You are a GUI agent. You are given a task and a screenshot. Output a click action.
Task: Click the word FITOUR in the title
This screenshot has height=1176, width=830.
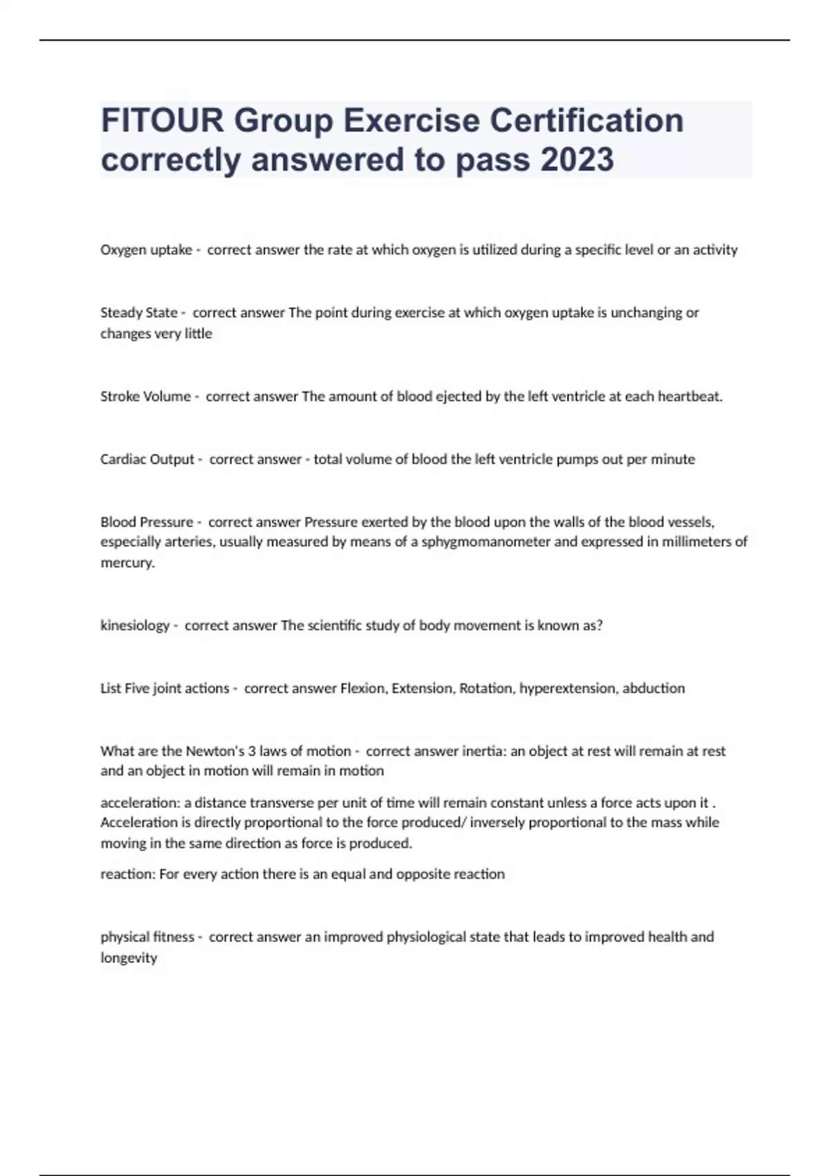[x=163, y=121]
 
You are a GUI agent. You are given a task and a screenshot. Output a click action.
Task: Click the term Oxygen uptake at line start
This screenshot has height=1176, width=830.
[x=146, y=250]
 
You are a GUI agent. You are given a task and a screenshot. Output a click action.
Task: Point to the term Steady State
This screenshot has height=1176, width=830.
[x=138, y=313]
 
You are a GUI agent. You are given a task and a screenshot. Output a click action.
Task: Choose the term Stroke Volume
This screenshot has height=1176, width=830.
[x=145, y=396]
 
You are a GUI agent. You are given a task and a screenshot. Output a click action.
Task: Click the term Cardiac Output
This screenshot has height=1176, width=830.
[x=147, y=459]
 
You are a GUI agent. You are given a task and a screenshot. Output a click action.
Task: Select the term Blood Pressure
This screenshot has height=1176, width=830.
[x=147, y=522]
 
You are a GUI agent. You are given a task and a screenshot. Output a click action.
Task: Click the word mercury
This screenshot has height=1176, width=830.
[x=127, y=562]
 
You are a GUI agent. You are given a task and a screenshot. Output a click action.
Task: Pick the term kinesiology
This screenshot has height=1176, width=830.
[x=134, y=625]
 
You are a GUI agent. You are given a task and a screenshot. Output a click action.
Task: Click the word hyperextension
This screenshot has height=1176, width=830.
[x=567, y=688]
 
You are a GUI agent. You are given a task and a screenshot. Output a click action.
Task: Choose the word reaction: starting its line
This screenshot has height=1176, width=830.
[x=128, y=874]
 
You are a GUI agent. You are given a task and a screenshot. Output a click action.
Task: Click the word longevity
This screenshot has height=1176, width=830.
[x=129, y=958]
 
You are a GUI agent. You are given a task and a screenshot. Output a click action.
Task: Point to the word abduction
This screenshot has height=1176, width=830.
[x=654, y=688]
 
